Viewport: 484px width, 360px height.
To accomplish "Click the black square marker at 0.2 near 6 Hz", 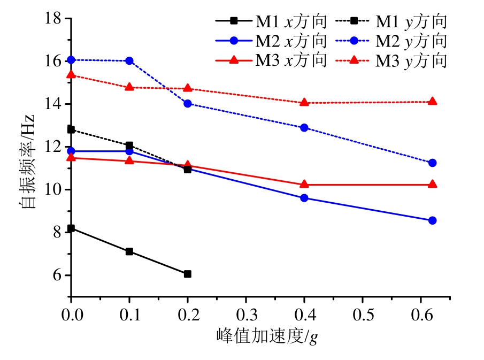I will click(188, 274).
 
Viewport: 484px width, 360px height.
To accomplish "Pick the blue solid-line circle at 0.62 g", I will click(433, 220).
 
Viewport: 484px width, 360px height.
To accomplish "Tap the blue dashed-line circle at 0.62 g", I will click(433, 163).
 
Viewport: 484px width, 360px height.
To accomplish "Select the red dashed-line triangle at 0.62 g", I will click(433, 101).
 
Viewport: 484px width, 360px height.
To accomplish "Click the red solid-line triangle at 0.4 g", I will click(304, 184).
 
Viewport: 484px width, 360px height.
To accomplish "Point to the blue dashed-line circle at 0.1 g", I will click(129, 61).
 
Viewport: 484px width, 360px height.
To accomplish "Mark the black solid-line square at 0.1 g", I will click(129, 251).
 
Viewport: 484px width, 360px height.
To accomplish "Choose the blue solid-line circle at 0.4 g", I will click(304, 198).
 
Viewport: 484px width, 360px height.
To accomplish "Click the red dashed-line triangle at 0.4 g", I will click(304, 102).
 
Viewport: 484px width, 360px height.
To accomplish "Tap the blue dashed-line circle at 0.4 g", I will click(304, 128).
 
